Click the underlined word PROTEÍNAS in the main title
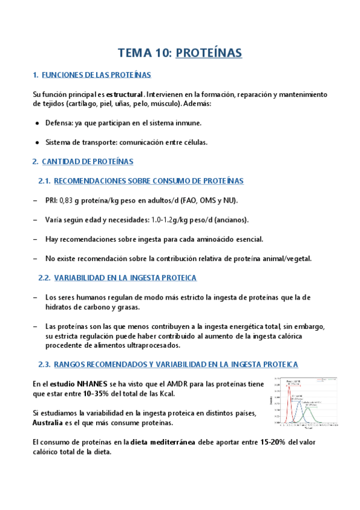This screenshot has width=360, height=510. tap(209, 53)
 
